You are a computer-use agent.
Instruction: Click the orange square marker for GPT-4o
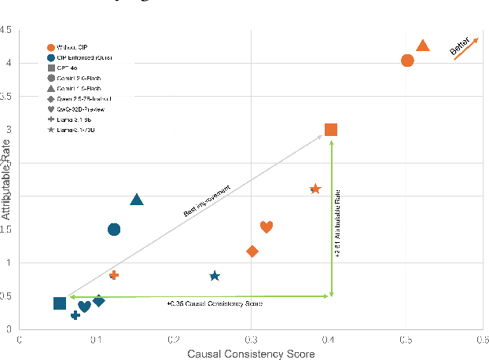(331, 130)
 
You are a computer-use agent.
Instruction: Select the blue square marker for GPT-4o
(60, 303)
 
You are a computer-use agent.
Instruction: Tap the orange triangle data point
(422, 46)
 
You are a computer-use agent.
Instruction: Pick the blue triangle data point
(137, 200)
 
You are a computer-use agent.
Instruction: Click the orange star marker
(315, 189)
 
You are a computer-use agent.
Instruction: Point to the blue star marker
(215, 276)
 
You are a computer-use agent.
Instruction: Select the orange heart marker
(267, 227)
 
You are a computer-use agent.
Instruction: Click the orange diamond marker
(252, 252)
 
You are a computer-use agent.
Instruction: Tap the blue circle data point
(114, 230)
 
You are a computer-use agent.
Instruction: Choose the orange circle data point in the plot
(407, 61)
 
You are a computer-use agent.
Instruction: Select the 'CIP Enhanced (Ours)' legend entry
(86, 57)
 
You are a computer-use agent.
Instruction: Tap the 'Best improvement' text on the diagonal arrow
(207, 200)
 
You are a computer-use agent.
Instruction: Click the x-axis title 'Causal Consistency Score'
(251, 354)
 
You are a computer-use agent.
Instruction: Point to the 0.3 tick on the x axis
(251, 340)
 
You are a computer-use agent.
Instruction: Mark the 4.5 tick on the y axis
(6, 31)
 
